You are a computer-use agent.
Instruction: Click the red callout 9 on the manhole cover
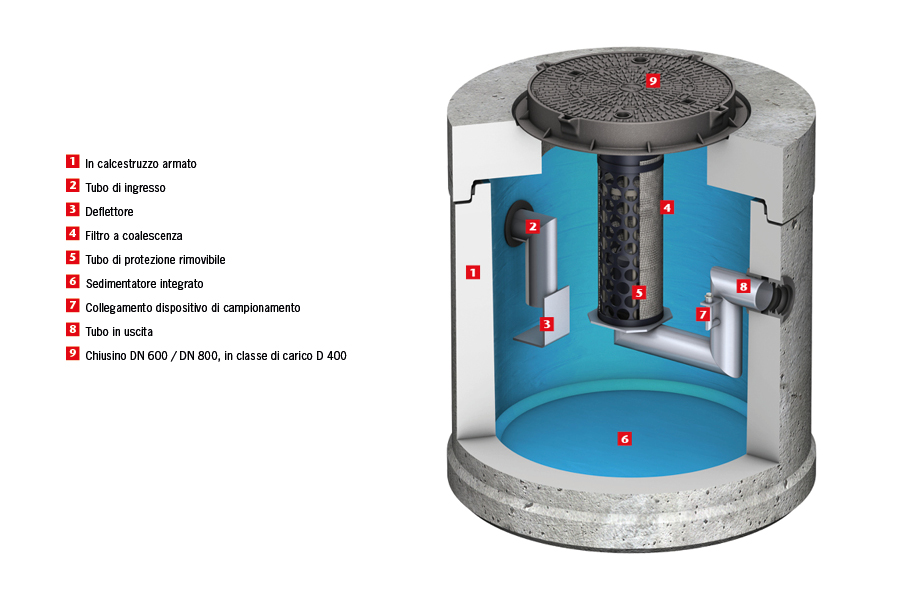coord(653,80)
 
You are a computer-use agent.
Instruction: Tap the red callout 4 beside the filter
coord(667,207)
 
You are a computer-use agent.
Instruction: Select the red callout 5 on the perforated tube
coord(640,293)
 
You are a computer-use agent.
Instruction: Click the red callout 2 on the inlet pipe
coord(533,226)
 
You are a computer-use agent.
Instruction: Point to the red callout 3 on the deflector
coord(547,323)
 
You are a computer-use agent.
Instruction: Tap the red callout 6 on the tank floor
coord(625,438)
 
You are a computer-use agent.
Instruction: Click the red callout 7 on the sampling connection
coord(703,314)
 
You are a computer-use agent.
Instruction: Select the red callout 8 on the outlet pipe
coord(743,286)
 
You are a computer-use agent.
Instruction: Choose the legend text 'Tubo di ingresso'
coord(125,188)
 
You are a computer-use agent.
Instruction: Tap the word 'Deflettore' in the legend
coord(109,212)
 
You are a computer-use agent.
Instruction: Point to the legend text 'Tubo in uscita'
coord(119,331)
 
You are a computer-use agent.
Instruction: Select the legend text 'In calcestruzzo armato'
coord(147,163)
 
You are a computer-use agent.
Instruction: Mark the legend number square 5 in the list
coord(72,258)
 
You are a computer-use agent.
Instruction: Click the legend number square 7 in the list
coord(72,306)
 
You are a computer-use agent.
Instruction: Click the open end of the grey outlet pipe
coord(777,296)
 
